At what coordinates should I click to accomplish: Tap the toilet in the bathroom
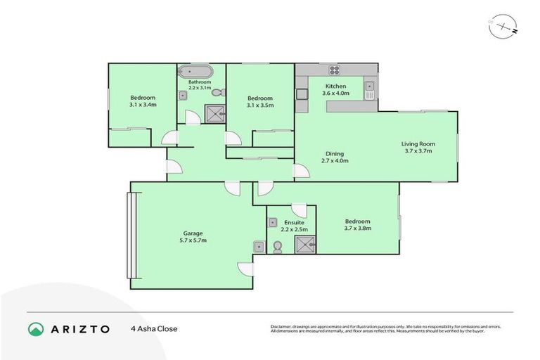pos(217,92)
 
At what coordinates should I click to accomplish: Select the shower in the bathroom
pos(212,112)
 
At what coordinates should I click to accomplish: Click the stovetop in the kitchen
pos(334,70)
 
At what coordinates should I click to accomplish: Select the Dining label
pos(335,154)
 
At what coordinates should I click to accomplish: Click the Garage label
pos(193,233)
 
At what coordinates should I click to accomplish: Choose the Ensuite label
pos(294,223)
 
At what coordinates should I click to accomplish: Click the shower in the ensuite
pos(304,243)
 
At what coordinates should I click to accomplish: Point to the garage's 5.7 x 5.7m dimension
pos(193,240)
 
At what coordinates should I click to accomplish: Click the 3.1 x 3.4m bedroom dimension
pos(143,105)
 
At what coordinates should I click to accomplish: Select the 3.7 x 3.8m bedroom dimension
pos(357,229)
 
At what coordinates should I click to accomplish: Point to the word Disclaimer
pos(283,327)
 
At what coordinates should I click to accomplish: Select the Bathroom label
pos(199,82)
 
